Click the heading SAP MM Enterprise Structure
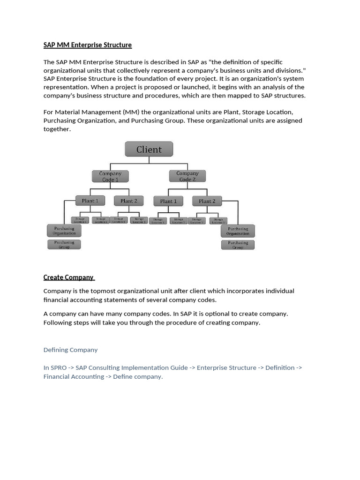click(88, 45)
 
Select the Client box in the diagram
click(149, 150)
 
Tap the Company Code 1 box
click(110, 176)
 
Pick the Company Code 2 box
click(187, 176)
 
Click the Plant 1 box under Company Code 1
click(90, 201)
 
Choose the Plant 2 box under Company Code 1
click(129, 201)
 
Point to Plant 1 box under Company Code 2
click(168, 201)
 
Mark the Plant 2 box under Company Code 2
click(207, 201)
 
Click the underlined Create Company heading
click(68, 277)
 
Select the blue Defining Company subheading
click(70, 350)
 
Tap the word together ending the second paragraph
click(57, 129)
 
